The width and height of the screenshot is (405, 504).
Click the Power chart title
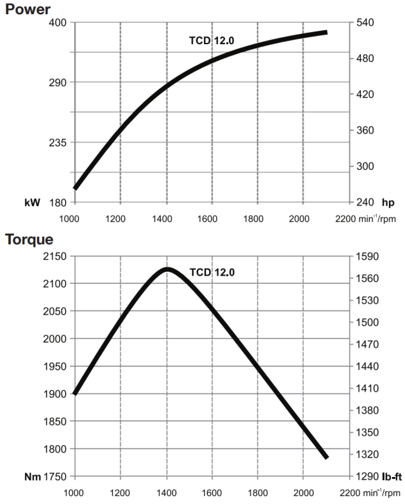pos(28,9)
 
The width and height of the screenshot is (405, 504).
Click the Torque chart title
pos(29,239)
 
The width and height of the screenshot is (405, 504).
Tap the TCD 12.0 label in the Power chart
pos(212,41)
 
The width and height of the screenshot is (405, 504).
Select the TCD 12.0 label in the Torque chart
pos(212,272)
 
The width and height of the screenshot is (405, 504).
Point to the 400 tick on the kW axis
pos(57,23)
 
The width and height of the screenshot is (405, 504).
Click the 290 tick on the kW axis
pos(57,83)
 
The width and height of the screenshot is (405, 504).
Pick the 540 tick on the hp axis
pos(365,23)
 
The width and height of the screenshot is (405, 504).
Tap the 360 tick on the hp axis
pos(365,130)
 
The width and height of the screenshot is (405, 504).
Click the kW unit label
pos(32,203)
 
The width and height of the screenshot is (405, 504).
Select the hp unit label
pos(388,203)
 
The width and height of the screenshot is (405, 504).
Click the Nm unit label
pos(33,477)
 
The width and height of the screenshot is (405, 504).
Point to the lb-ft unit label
pos(392,477)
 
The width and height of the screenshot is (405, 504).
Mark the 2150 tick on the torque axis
pos(55,256)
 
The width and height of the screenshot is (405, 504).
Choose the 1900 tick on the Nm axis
pos(55,394)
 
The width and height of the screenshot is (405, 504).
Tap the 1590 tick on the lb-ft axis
pos(367,256)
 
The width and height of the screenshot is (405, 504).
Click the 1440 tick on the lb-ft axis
pos(367,366)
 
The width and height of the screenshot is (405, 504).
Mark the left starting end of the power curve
pos(76,188)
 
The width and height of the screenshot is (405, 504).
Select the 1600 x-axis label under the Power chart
pos(207,219)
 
